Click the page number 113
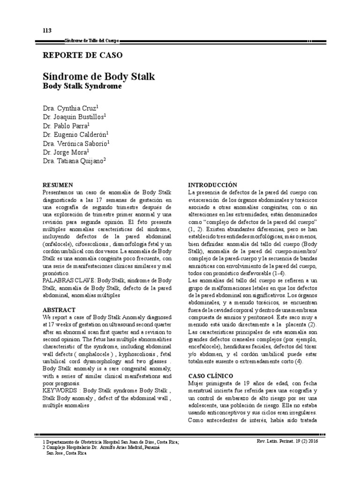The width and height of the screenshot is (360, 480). coord(47,31)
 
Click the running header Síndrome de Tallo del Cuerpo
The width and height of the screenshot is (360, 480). coord(95,42)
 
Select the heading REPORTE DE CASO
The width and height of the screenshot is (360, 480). coord(82,55)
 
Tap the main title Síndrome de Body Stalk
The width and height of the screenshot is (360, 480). coord(98,76)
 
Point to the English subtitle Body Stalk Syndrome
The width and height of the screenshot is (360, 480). coord(82,87)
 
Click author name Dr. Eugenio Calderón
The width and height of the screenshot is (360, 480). coord(76,134)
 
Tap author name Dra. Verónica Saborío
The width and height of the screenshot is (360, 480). coord(76,143)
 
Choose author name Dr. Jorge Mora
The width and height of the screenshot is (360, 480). coord(66,152)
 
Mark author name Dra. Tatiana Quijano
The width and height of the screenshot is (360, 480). coord(75,161)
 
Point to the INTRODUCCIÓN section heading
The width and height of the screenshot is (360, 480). coord(212,185)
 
